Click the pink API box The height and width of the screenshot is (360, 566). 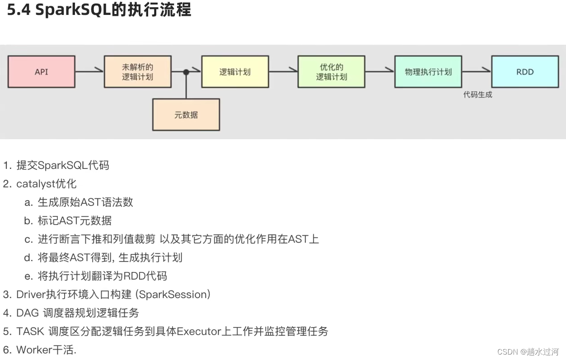(x=41, y=72)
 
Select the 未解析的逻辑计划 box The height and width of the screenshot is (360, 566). (x=138, y=72)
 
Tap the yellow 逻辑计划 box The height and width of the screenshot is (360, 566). (x=235, y=72)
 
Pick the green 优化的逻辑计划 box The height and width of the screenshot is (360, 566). (x=332, y=72)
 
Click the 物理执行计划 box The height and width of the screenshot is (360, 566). (x=428, y=72)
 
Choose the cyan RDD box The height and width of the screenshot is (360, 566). (x=525, y=72)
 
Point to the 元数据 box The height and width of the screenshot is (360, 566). (x=186, y=115)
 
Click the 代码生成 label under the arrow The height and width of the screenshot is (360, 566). (x=477, y=95)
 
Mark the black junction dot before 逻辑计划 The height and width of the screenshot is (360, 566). (x=186, y=72)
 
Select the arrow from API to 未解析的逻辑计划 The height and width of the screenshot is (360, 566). (x=89, y=71)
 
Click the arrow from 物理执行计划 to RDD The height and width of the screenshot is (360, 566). (x=477, y=71)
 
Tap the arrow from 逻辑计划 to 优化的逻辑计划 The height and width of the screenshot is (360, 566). (x=283, y=71)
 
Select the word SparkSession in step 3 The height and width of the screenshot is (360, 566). (x=173, y=295)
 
